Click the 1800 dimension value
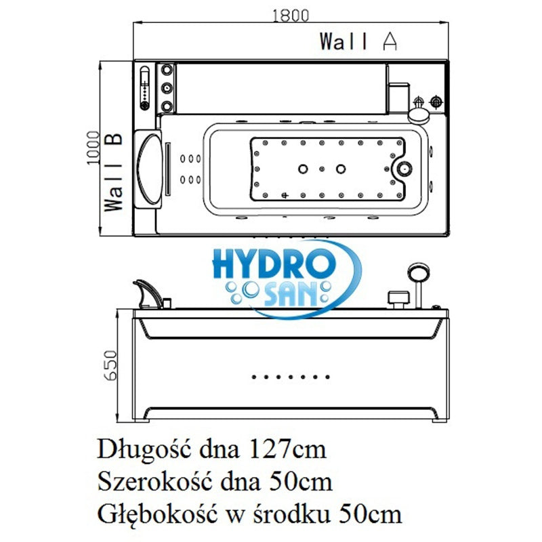coord(291,15)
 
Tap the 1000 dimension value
coord(93,148)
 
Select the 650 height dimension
coord(110,365)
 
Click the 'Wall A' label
coord(358,41)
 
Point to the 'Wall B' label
coord(114,172)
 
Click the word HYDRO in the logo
coord(274,265)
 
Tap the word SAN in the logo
coord(291,294)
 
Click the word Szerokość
coord(154,482)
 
